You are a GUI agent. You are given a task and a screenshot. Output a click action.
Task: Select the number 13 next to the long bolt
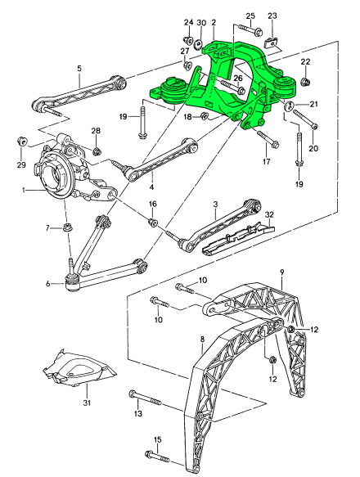[x=137, y=415]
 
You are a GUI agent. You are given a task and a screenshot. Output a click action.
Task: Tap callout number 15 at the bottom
[x=157, y=440]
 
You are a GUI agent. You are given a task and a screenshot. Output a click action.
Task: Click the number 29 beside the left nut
[x=20, y=166]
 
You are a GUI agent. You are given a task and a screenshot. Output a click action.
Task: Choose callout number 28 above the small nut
[x=96, y=132]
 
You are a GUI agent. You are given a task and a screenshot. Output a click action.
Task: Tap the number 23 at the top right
[x=272, y=15]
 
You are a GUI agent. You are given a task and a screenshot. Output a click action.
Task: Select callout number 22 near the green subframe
[x=305, y=62]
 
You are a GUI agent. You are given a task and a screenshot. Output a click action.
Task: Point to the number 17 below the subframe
[x=265, y=162]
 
